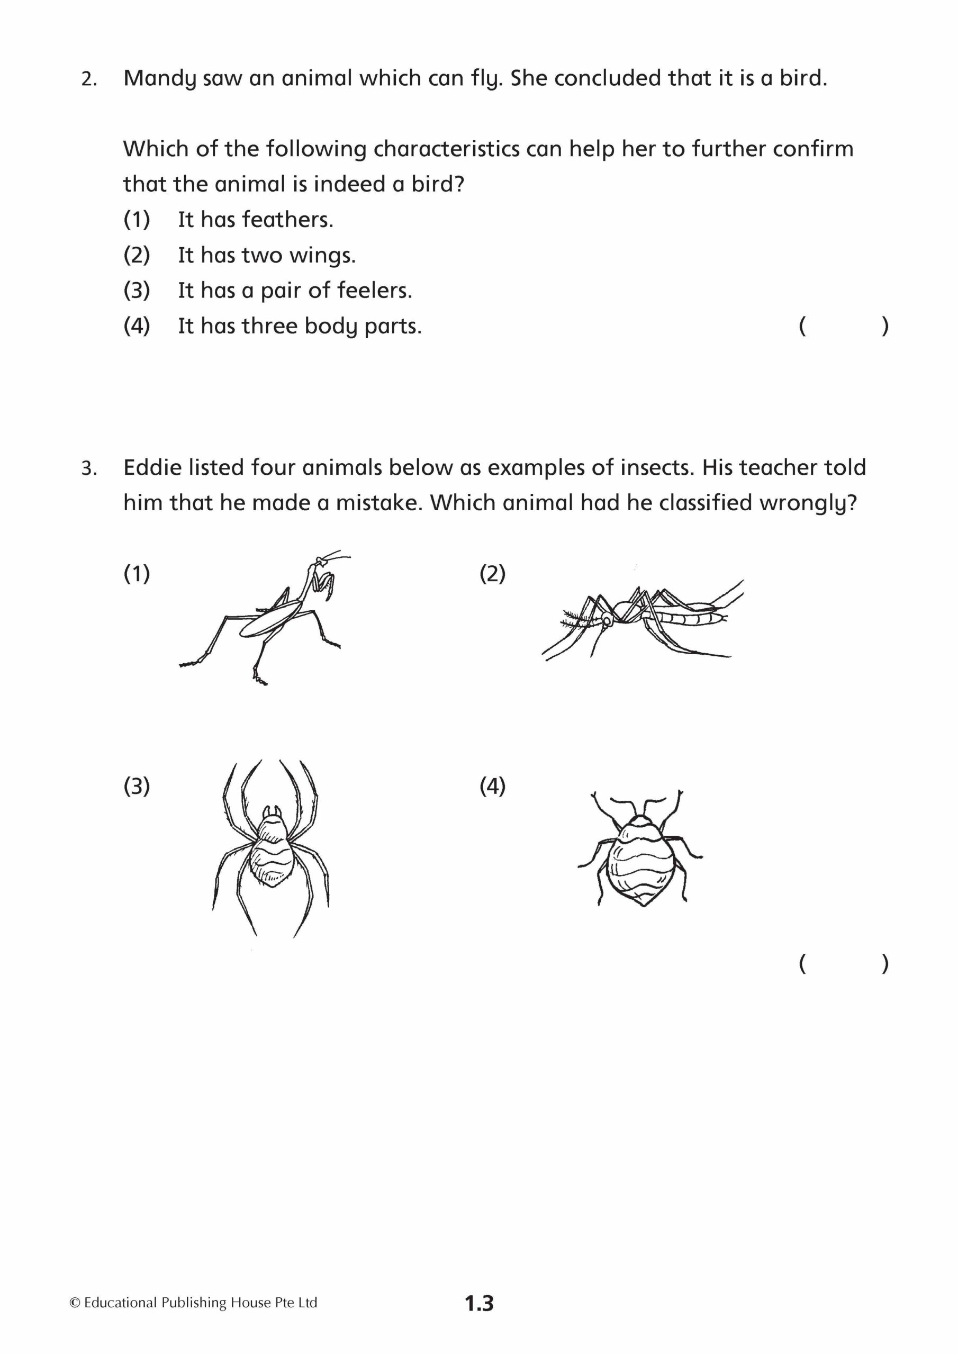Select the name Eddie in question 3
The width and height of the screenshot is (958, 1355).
152,467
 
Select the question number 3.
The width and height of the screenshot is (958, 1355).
88,469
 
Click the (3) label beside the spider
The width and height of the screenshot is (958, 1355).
137,786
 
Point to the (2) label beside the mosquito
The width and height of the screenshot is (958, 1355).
492,573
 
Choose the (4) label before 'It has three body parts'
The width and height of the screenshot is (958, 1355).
137,326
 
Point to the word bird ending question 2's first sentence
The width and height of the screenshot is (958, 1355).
801,78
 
